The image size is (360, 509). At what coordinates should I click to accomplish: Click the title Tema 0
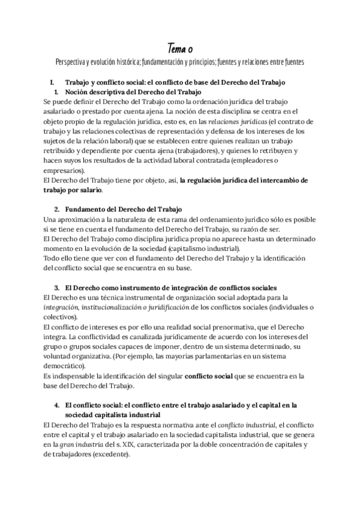point(179,47)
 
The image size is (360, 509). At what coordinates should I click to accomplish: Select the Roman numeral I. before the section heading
point(53,82)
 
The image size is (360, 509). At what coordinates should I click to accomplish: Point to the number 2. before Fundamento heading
point(57,209)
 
